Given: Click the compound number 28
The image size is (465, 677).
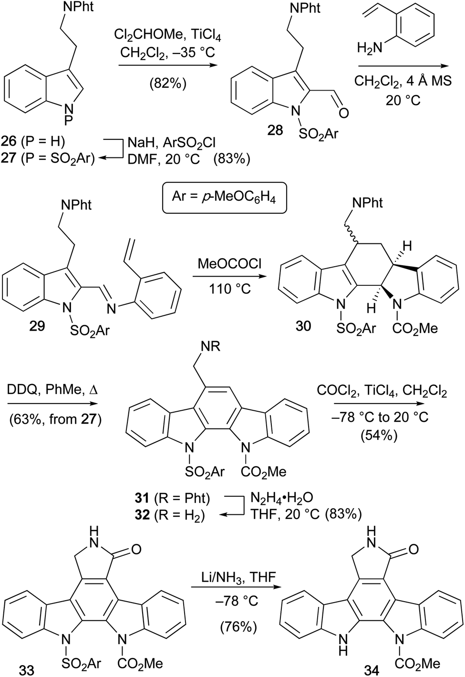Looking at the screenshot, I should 275,130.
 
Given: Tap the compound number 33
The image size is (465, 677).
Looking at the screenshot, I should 27,670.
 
